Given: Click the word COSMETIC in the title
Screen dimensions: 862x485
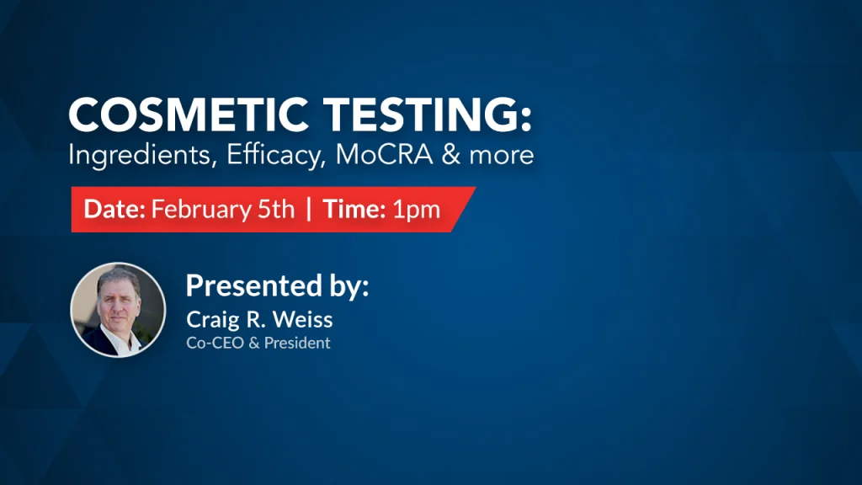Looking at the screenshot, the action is coord(188,115).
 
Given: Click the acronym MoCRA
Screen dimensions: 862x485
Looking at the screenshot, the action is coord(384,155).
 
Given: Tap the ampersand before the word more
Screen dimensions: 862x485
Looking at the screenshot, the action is coord(451,155).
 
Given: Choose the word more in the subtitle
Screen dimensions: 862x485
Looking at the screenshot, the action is coord(502,156).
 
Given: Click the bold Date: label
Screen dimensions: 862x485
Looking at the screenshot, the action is coord(114,209).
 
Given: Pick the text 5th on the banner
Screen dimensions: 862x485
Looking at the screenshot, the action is coord(276,209).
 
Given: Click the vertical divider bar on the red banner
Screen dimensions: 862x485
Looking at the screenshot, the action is coord(308,209).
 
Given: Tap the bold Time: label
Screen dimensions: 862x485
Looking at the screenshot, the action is coord(354,209).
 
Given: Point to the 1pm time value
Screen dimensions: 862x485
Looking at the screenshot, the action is coord(416,210).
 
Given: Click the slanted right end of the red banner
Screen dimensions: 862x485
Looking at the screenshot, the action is coord(464,210).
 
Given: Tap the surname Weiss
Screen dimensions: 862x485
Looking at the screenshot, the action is coord(303,319).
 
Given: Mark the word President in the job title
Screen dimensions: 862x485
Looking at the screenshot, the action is coord(297,343).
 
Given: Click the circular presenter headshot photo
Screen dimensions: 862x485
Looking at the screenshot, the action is coord(118,310).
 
